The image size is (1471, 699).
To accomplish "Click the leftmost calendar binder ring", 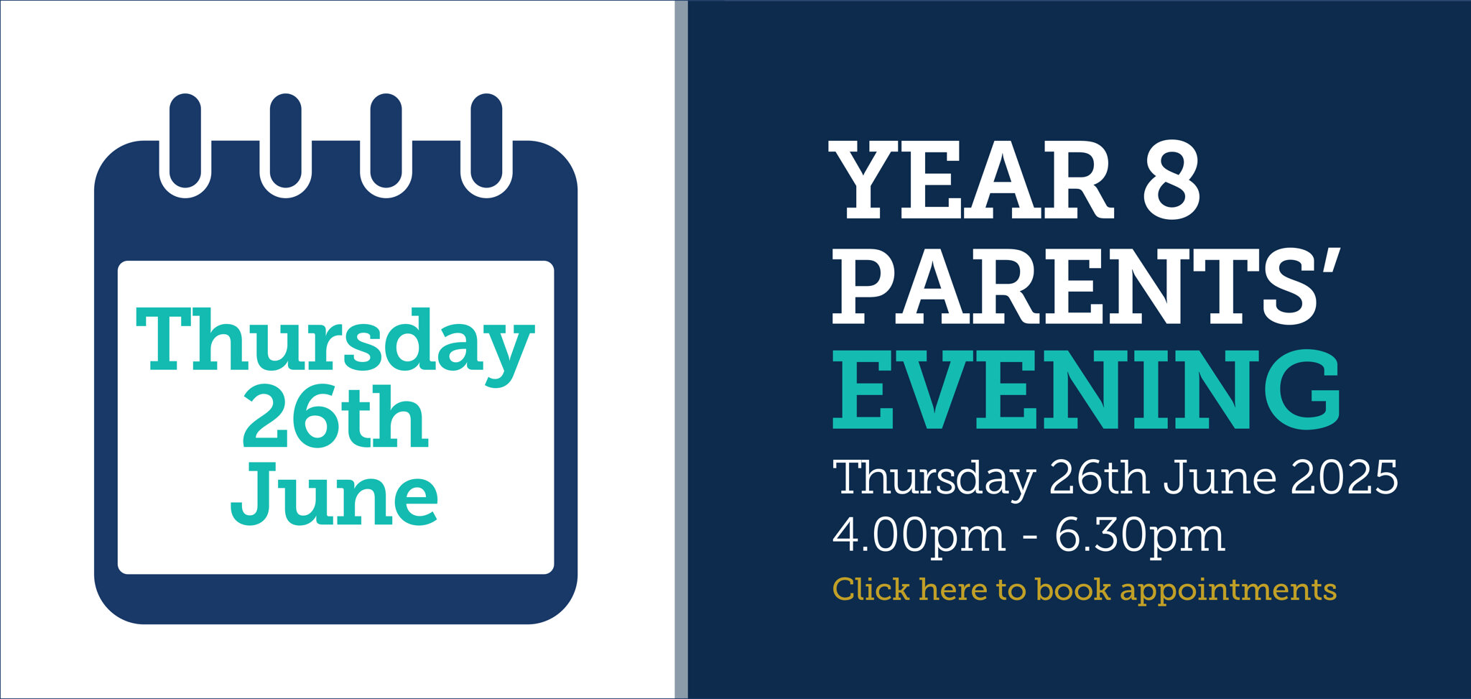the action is [x=185, y=145].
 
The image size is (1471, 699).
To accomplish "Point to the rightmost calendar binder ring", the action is [x=487, y=145].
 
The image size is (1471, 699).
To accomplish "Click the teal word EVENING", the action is [x=1087, y=390].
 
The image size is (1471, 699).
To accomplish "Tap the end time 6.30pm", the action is [x=1140, y=536].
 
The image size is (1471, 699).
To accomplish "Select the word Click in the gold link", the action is [x=871, y=589].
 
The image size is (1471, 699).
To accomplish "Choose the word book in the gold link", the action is [x=1073, y=589].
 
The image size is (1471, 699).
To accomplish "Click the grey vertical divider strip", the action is [x=681, y=349].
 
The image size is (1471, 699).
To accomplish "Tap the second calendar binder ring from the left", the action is [x=286, y=145].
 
